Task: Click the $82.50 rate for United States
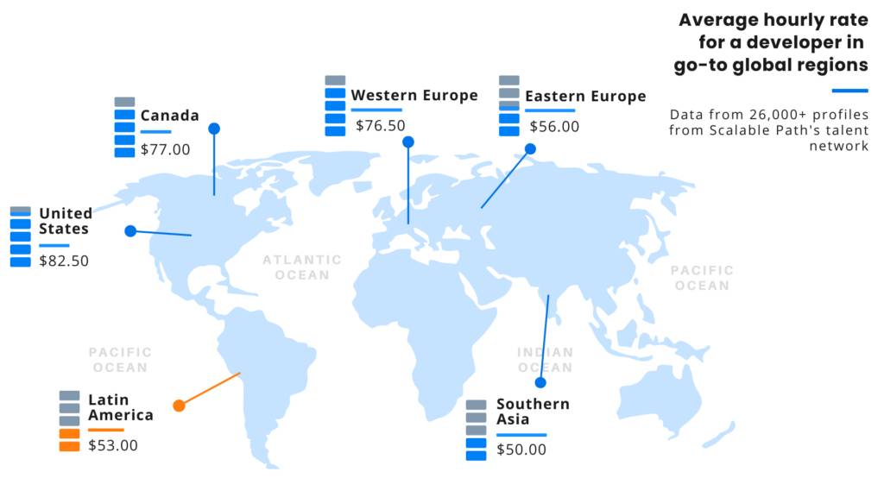tap(64, 261)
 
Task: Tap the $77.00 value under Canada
tap(165, 149)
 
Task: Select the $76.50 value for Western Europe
tap(380, 126)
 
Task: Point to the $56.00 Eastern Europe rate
tap(554, 127)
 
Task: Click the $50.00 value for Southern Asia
tap(521, 450)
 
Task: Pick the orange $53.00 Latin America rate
tap(113, 445)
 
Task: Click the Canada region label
tap(170, 116)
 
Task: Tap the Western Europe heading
tap(414, 95)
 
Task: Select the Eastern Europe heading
tap(585, 96)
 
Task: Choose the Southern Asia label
tap(533, 411)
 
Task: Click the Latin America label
tap(120, 407)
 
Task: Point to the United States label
tap(65, 221)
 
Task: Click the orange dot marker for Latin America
tap(179, 406)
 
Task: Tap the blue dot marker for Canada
tap(214, 129)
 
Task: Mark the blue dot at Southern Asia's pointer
tap(540, 382)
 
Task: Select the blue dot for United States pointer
tap(130, 230)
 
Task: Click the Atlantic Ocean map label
tap(302, 267)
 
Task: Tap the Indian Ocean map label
tap(545, 360)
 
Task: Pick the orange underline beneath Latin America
tap(105, 429)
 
